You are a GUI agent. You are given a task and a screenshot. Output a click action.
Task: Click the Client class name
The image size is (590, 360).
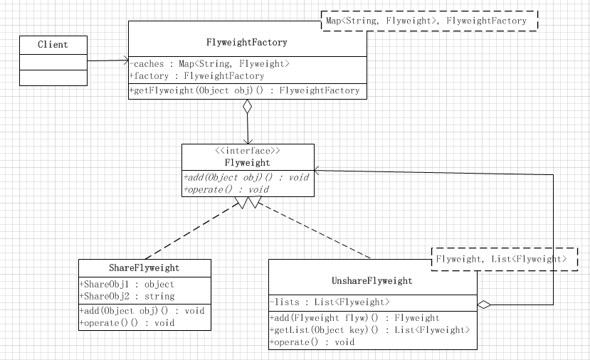(53, 45)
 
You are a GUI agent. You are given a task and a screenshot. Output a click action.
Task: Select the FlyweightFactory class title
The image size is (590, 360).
(248, 43)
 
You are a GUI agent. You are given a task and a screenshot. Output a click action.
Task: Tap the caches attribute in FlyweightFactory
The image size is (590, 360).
(210, 64)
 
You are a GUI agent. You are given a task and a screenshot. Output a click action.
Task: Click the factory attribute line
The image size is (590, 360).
(197, 75)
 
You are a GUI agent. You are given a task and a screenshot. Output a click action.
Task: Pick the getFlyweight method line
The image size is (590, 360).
(246, 91)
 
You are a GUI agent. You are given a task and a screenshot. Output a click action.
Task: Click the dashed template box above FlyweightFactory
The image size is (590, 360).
(430, 21)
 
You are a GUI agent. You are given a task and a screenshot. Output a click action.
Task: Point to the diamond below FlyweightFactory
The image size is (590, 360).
(247, 107)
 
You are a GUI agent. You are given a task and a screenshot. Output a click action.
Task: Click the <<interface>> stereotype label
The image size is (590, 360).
(247, 151)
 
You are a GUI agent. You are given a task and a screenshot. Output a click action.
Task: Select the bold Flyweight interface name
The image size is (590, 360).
(247, 162)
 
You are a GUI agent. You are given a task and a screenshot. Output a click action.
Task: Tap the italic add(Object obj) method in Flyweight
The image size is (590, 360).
(246, 177)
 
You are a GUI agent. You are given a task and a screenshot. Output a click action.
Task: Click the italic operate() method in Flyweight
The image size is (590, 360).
(226, 189)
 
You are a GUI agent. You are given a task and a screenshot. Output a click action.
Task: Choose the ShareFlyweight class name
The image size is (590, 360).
(144, 268)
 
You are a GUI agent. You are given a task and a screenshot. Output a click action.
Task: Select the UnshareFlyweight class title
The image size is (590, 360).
(373, 280)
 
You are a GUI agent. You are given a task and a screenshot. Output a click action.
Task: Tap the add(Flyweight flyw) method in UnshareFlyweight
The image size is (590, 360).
(354, 318)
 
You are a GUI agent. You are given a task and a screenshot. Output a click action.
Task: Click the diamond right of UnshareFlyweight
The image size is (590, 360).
(484, 305)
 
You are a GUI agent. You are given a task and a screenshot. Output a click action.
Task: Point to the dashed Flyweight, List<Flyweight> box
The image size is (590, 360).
(501, 260)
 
